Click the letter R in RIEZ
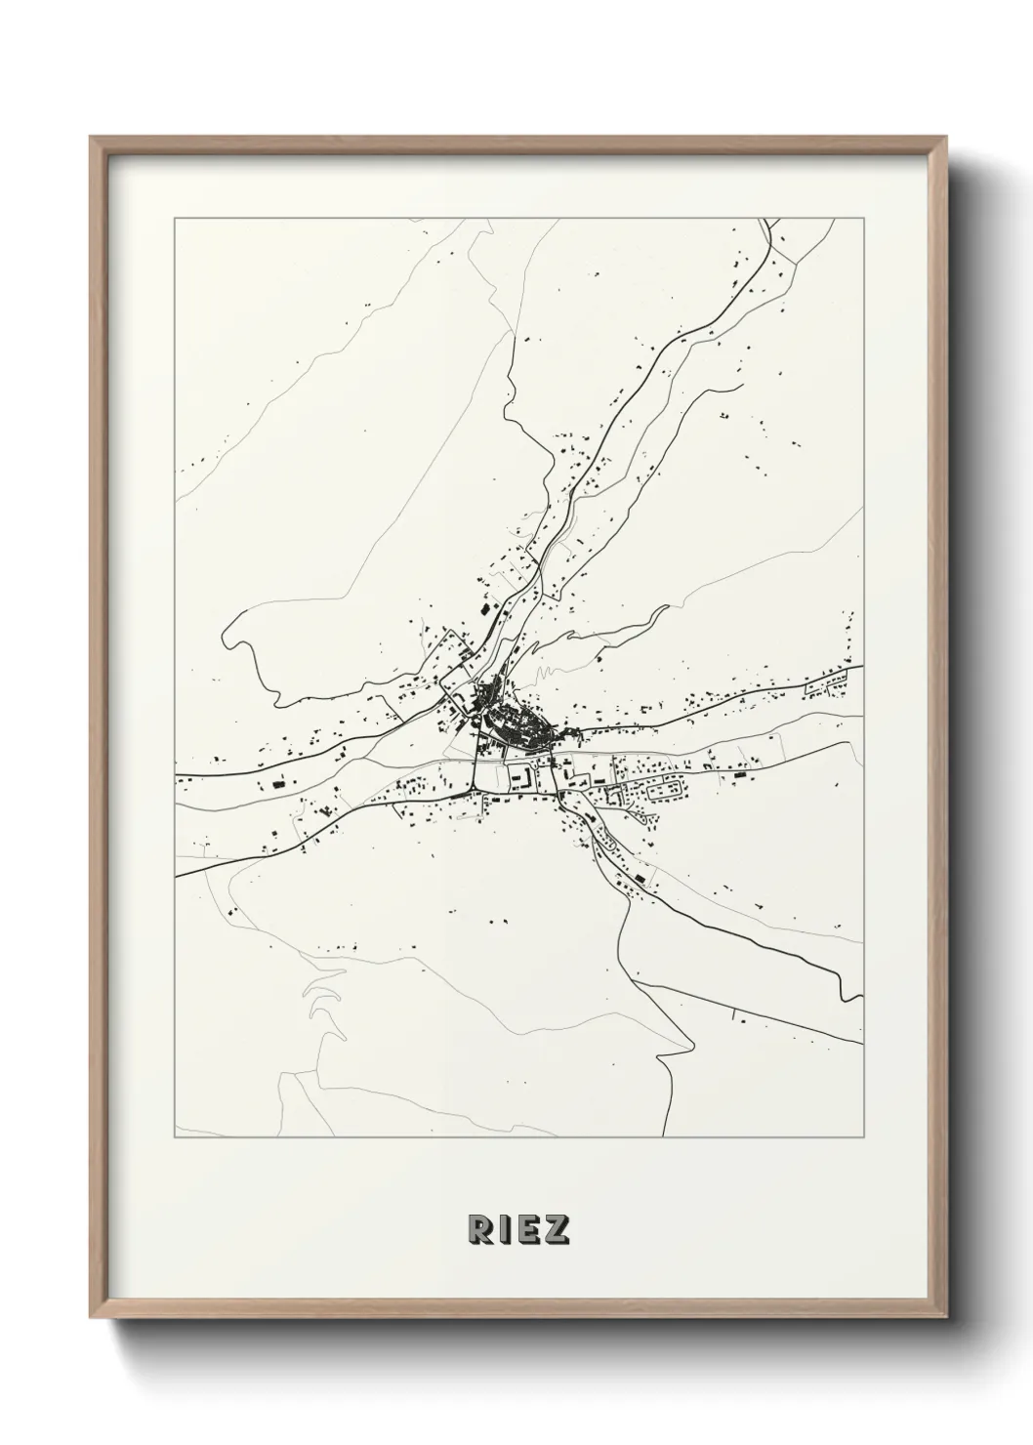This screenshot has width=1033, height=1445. (480, 1229)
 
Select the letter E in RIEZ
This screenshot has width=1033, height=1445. (527, 1229)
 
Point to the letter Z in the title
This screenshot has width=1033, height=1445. (556, 1229)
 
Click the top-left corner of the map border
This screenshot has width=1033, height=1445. (175, 220)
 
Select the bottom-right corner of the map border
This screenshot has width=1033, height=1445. (863, 1137)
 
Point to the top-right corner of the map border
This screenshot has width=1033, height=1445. (863, 220)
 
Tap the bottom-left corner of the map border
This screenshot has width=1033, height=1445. (175, 1137)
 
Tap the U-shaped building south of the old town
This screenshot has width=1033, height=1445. (520, 776)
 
